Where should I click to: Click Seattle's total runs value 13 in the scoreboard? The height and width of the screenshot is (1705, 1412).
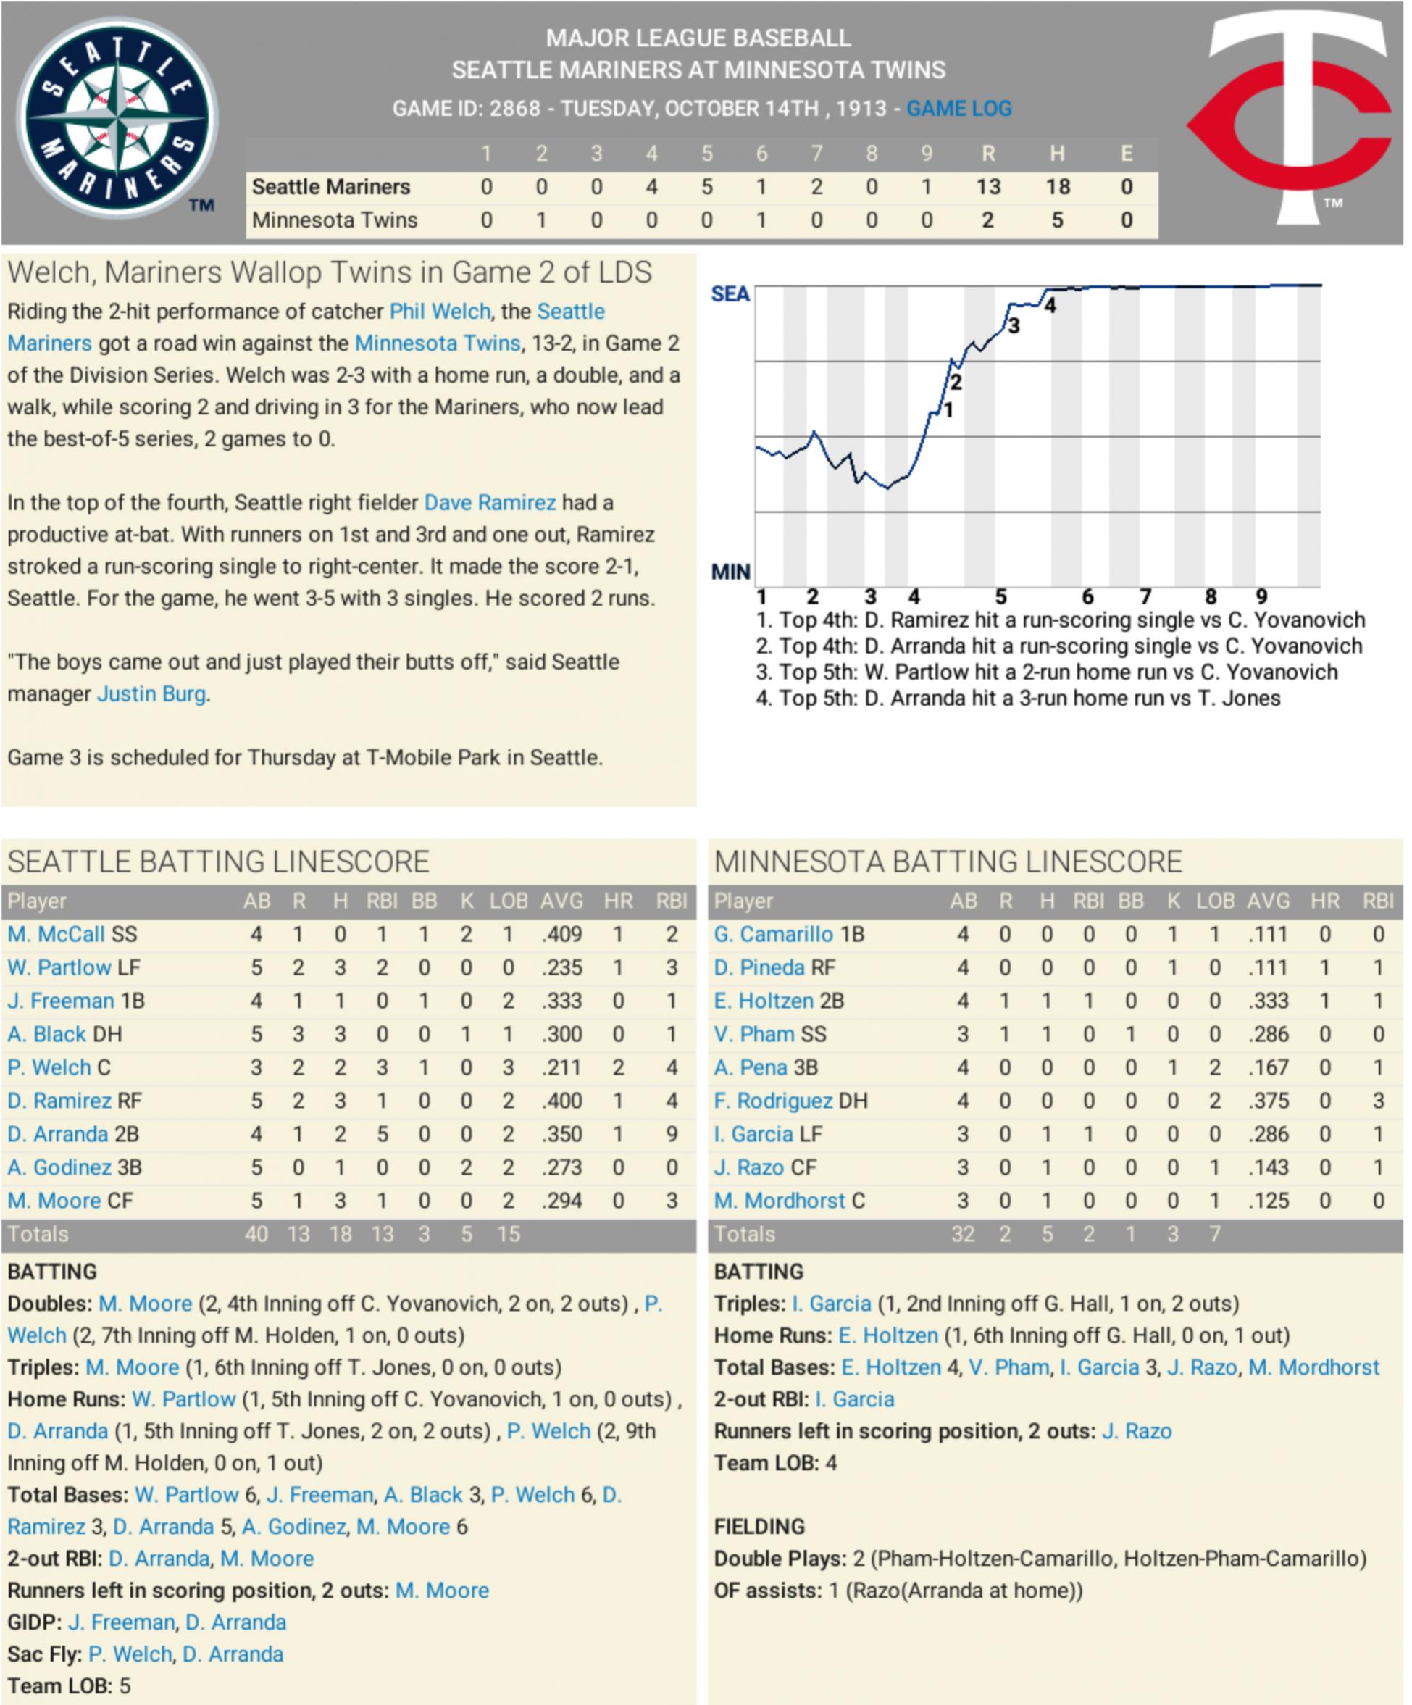(x=987, y=187)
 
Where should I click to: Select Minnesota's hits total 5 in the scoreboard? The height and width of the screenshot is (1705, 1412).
(x=1056, y=220)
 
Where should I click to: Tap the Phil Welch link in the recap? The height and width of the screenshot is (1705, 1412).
(x=439, y=312)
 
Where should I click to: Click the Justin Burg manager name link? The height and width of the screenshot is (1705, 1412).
(x=151, y=694)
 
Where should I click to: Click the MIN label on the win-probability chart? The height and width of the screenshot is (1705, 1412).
(x=730, y=572)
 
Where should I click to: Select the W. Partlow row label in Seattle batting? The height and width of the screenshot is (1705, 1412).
(x=59, y=968)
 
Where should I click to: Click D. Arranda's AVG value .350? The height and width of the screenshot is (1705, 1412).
(x=562, y=1134)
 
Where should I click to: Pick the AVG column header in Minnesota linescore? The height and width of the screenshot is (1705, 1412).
(x=1269, y=901)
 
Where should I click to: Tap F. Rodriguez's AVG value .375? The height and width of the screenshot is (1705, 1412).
(x=1269, y=1101)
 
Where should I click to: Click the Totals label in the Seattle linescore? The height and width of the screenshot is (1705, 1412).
(x=38, y=1234)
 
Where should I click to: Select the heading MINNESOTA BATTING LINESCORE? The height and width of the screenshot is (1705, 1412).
(x=948, y=862)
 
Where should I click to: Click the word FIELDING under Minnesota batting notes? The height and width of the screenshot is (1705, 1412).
(x=759, y=1526)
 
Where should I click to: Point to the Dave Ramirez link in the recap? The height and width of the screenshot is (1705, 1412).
(x=490, y=503)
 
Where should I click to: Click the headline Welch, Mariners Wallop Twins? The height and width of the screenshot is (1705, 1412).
(x=330, y=272)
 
